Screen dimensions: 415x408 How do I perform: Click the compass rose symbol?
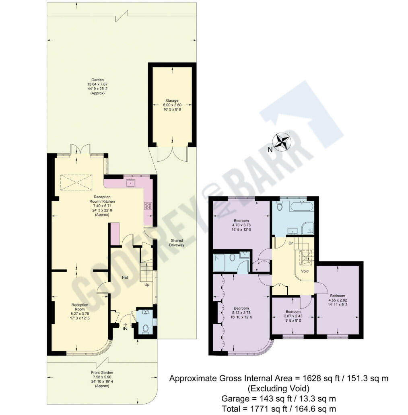coord(282,142)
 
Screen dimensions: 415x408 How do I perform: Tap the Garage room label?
coord(172,101)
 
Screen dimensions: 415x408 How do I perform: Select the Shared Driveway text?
coord(176,242)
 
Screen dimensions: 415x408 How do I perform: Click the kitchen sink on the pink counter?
coord(130,183)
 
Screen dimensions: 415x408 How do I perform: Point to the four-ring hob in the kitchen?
coord(148,205)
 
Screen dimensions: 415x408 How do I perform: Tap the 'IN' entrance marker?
coord(125,329)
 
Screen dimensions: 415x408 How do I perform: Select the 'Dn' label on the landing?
coord(291,243)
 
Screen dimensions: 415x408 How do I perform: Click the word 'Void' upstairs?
coord(305,271)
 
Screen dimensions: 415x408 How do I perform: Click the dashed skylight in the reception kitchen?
coord(76,183)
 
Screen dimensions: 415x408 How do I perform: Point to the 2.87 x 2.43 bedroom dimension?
coord(293,316)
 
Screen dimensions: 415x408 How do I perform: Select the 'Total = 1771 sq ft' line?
coord(279,409)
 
